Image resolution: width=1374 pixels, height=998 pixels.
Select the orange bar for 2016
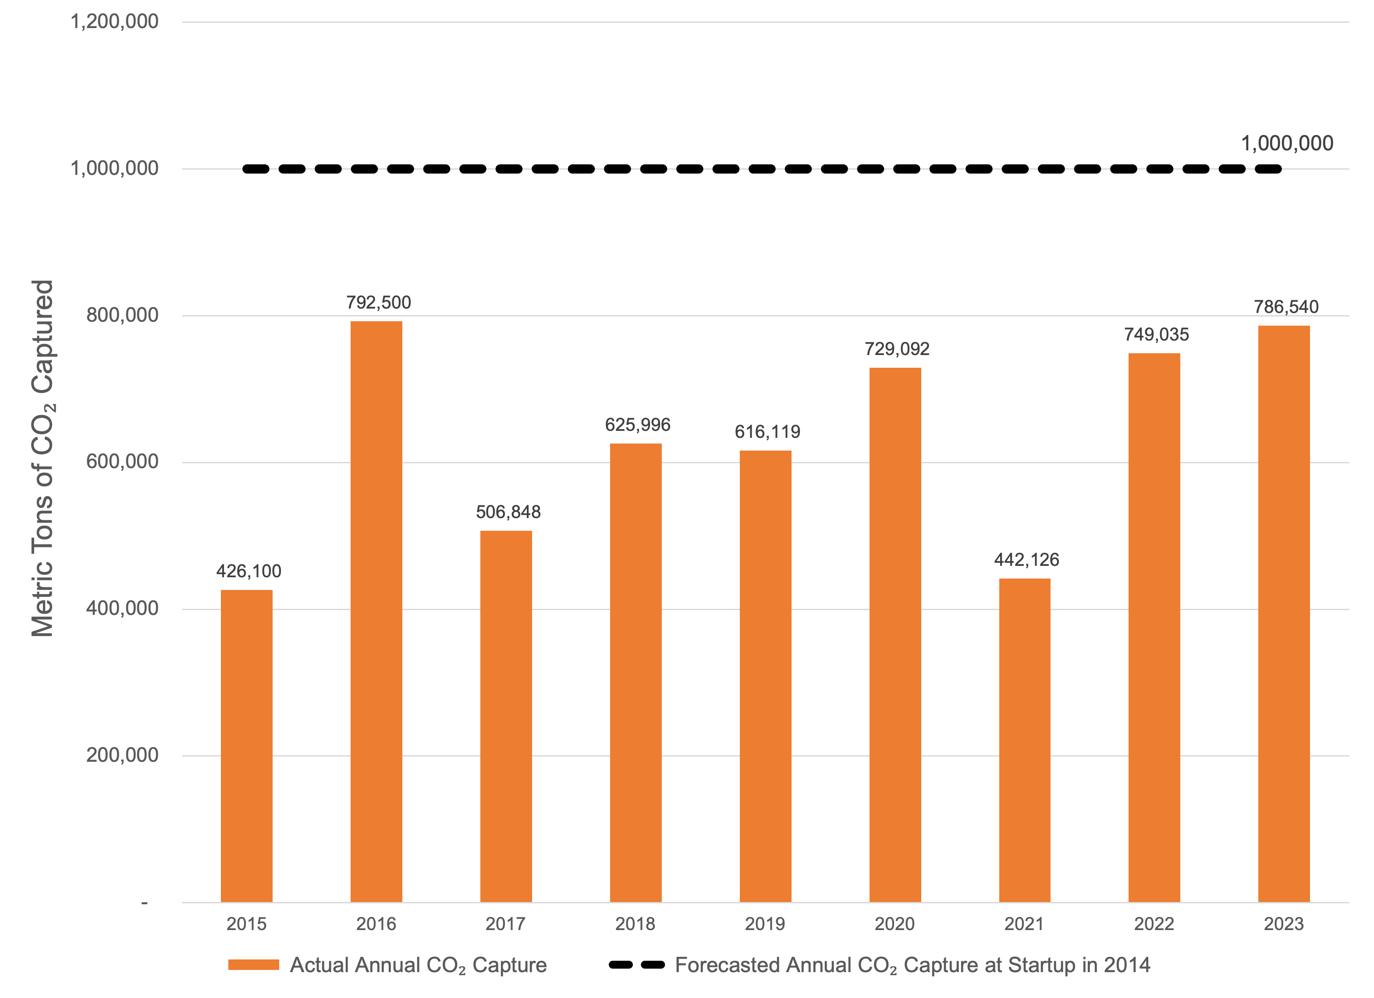point(376,611)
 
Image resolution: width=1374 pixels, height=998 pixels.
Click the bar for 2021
point(1024,740)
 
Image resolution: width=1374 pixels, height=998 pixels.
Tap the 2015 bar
point(247,746)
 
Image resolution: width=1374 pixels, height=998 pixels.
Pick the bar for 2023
point(1284,613)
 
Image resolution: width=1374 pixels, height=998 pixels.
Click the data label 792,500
point(379,302)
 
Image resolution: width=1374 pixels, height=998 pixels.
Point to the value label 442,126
point(1026,559)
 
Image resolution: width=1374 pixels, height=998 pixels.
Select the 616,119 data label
point(767,431)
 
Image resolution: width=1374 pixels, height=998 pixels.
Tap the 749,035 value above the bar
point(1157,334)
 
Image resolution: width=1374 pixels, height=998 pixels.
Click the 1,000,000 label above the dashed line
point(1287,144)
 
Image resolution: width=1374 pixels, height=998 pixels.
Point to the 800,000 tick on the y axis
point(122,315)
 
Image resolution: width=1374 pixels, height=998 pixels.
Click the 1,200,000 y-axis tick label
point(114,22)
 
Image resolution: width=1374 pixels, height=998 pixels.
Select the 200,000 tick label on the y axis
point(122,755)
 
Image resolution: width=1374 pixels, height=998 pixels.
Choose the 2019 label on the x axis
point(764,923)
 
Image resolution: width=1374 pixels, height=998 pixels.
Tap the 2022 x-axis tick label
point(1154,923)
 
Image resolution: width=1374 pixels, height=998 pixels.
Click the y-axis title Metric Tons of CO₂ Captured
point(43,458)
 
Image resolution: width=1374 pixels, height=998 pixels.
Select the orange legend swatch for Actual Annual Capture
point(253,965)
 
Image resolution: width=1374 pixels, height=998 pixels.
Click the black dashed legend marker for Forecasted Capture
point(636,965)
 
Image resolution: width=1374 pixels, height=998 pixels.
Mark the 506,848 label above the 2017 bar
point(508,512)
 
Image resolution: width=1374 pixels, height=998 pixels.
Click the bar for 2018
point(636,673)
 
